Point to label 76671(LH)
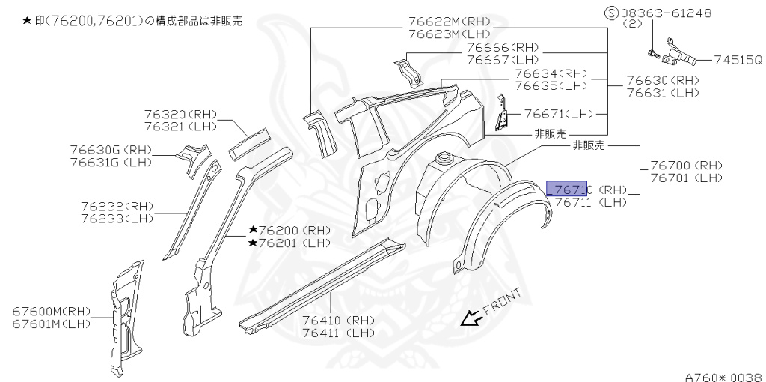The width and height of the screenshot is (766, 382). click(x=557, y=114)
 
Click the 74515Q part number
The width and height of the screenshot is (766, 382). click(x=738, y=59)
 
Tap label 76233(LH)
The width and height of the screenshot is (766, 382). click(x=117, y=219)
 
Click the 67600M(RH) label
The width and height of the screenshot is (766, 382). click(x=51, y=311)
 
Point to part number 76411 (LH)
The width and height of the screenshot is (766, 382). click(x=339, y=333)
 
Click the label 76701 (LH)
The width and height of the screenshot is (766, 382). click(x=686, y=178)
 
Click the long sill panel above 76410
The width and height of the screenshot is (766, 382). click(x=322, y=285)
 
